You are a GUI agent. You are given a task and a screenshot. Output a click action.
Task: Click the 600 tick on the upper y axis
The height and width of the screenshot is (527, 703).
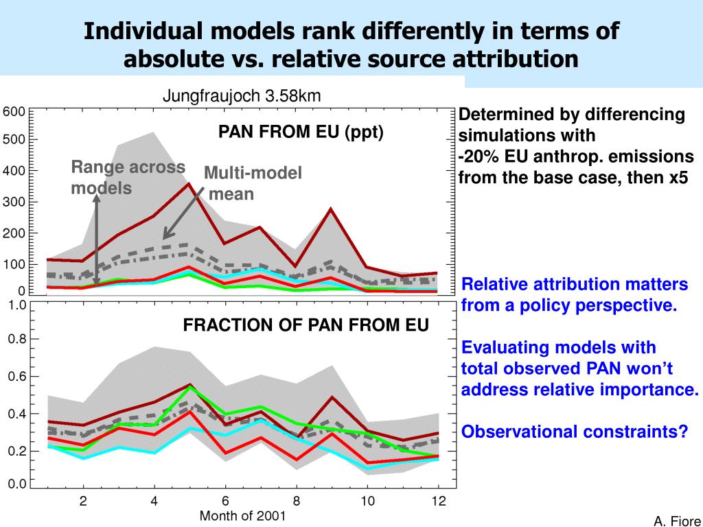[14, 112]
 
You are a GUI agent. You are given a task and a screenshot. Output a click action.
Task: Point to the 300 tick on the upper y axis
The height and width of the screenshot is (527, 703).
[14, 202]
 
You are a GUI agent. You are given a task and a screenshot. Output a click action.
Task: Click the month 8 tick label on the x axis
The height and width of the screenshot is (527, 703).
[297, 500]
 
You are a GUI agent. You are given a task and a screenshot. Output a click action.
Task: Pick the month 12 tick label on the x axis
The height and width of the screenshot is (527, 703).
[439, 500]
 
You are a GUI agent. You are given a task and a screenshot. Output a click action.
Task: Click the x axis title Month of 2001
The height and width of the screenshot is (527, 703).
[242, 515]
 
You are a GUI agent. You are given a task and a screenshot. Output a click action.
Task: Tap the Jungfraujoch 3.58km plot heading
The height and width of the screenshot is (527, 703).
[242, 96]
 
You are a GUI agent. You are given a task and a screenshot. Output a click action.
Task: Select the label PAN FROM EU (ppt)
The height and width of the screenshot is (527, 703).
[301, 131]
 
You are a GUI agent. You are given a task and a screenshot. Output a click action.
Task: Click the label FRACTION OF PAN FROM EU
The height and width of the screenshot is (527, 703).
[306, 325]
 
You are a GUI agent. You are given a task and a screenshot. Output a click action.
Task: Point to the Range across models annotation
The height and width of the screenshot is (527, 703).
[128, 177]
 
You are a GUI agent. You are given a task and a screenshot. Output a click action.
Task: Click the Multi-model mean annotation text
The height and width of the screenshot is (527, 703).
[253, 183]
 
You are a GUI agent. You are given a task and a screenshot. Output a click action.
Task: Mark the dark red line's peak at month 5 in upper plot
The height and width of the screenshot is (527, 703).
[189, 183]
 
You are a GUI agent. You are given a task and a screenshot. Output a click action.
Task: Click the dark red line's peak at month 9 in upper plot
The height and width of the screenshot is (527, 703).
[331, 208]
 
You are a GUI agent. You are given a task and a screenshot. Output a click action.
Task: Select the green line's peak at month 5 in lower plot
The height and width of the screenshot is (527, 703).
[189, 387]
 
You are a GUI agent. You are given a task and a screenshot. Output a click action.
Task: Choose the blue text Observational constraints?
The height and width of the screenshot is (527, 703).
[574, 432]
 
